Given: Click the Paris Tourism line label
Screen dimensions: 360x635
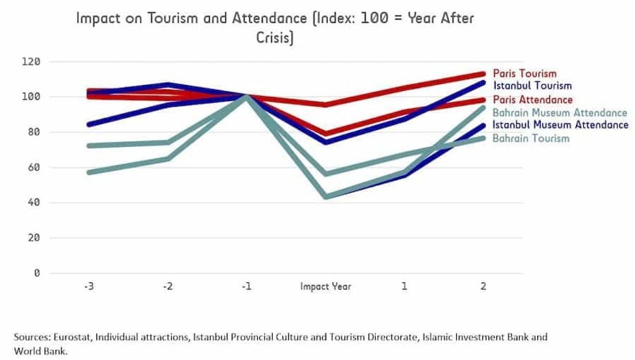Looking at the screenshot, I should pyautogui.click(x=524, y=74).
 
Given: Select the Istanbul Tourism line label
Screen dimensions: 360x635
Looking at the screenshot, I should pyautogui.click(x=532, y=85).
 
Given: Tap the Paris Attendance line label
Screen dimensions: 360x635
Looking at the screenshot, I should pyautogui.click(x=533, y=100).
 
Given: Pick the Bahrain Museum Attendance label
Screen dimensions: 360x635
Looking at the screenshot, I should pyautogui.click(x=560, y=113).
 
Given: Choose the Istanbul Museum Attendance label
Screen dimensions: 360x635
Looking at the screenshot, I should pyautogui.click(x=560, y=124).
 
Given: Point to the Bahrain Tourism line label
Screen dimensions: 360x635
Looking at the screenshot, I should pyautogui.click(x=531, y=138).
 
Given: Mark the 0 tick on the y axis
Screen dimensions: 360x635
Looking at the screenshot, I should pyautogui.click(x=37, y=273).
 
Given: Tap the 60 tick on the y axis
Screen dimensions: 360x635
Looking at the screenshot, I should pyautogui.click(x=34, y=168).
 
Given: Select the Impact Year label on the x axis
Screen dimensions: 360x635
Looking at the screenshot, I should pyautogui.click(x=325, y=286).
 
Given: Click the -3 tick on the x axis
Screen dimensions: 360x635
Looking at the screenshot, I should pyautogui.click(x=88, y=286).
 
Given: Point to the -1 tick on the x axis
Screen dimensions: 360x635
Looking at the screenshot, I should pyautogui.click(x=246, y=286).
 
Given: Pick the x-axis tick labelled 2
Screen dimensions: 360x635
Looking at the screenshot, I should pyautogui.click(x=483, y=286).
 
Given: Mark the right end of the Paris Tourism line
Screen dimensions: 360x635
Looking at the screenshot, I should pyautogui.click(x=483, y=74).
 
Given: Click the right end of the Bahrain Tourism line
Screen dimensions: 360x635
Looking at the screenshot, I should pyautogui.click(x=483, y=138).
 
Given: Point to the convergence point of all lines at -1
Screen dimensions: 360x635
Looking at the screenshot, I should pyautogui.click(x=246, y=97).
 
